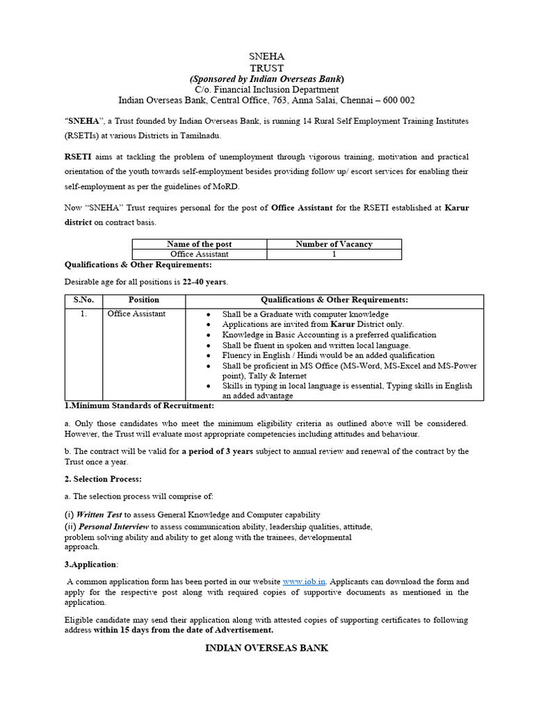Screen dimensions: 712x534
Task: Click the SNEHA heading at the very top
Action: (x=266, y=56)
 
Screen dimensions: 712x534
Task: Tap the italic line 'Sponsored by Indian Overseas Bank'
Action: (x=266, y=78)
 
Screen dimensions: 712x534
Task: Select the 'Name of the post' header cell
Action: (x=200, y=244)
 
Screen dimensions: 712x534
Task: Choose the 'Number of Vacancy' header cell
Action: (x=334, y=244)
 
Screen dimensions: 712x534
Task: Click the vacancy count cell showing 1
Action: (x=334, y=254)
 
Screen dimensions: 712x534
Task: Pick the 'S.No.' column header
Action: (x=83, y=300)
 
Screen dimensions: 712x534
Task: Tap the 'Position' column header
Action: (x=144, y=300)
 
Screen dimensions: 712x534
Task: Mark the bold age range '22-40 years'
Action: (x=205, y=282)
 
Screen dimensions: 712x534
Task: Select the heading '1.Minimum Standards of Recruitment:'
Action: (x=139, y=405)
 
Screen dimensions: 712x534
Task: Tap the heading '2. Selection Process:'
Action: (x=103, y=480)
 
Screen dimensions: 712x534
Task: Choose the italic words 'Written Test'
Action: (x=99, y=515)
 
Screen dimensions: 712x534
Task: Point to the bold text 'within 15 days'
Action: (x=126, y=630)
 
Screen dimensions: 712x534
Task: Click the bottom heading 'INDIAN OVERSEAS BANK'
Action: (x=266, y=648)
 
